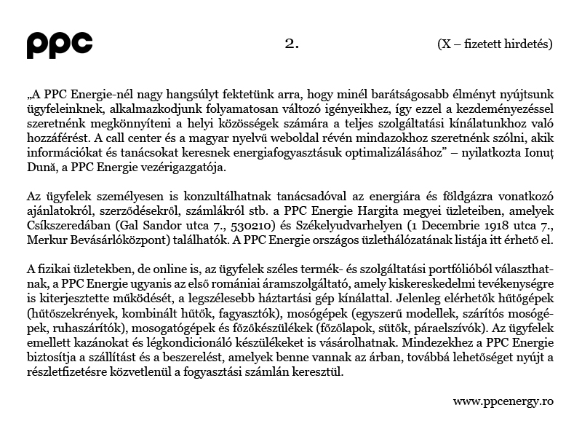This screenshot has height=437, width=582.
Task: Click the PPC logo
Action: point(60,44)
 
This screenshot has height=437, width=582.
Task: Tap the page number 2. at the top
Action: point(292,43)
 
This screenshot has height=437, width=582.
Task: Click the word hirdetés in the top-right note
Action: point(529,44)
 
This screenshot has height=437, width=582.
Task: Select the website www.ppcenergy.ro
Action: point(503,401)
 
